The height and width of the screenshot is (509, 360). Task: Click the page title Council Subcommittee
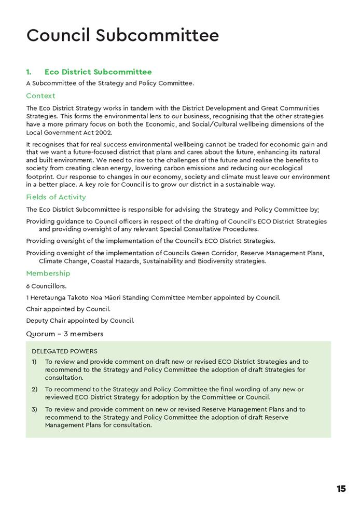pyautogui.click(x=122, y=35)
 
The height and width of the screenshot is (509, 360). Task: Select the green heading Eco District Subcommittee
pyautogui.click(x=98, y=72)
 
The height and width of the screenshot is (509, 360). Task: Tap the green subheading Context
pyautogui.click(x=40, y=96)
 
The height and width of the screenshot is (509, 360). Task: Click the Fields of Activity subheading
pyautogui.click(x=56, y=197)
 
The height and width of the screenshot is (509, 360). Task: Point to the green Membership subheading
pyautogui.click(x=48, y=273)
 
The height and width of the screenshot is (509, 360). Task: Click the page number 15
pyautogui.click(x=341, y=489)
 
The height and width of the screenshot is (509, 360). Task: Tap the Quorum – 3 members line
pyautogui.click(x=65, y=334)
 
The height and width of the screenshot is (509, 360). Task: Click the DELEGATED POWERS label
pyautogui.click(x=64, y=351)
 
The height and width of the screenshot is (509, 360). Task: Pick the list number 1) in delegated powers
pyautogui.click(x=34, y=362)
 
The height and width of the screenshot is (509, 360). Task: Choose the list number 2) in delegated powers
pyautogui.click(x=34, y=389)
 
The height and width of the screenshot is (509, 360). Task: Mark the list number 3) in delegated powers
pyautogui.click(x=34, y=409)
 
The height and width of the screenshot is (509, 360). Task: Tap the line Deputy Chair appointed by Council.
pyautogui.click(x=80, y=320)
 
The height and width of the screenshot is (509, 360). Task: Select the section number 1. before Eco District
pyautogui.click(x=29, y=72)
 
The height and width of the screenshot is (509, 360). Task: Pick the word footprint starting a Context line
pyautogui.click(x=41, y=176)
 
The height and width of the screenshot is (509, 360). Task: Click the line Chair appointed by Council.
pyautogui.click(x=68, y=309)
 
